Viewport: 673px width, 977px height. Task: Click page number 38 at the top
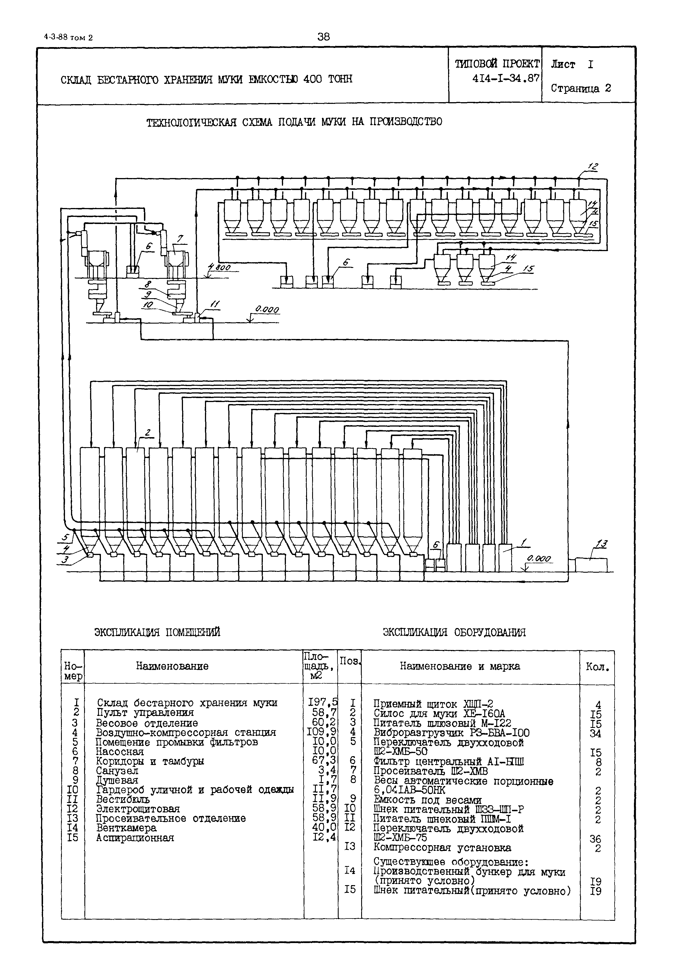click(324, 37)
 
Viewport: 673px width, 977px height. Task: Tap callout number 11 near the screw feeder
click(215, 304)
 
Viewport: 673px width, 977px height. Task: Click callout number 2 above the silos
click(148, 432)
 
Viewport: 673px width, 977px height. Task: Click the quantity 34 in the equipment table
click(595, 734)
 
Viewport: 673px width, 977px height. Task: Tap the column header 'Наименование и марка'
click(459, 666)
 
